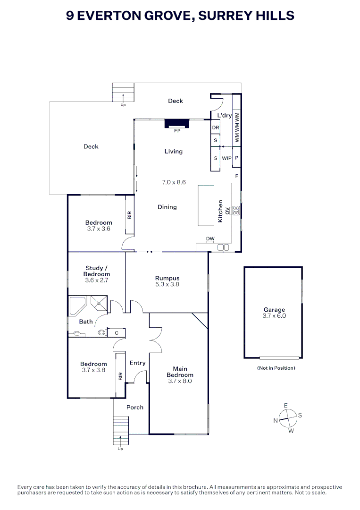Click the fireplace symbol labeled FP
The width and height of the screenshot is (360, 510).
177,123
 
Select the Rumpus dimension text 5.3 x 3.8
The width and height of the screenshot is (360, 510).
167,285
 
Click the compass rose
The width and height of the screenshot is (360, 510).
287,417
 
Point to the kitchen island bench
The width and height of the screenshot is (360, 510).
206,206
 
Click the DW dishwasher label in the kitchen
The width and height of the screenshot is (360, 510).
210,238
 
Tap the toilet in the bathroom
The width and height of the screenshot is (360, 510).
102,333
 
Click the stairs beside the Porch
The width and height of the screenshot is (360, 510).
121,430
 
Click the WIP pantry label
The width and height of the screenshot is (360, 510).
226,158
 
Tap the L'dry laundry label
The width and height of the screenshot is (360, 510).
224,115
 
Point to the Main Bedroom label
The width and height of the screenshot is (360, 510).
180,372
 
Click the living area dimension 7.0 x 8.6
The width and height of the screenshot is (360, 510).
174,182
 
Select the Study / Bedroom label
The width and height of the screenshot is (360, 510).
97,271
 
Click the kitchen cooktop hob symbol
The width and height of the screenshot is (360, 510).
236,211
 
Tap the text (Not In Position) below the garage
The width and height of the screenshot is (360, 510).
276,368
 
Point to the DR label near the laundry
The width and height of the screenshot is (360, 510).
216,128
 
